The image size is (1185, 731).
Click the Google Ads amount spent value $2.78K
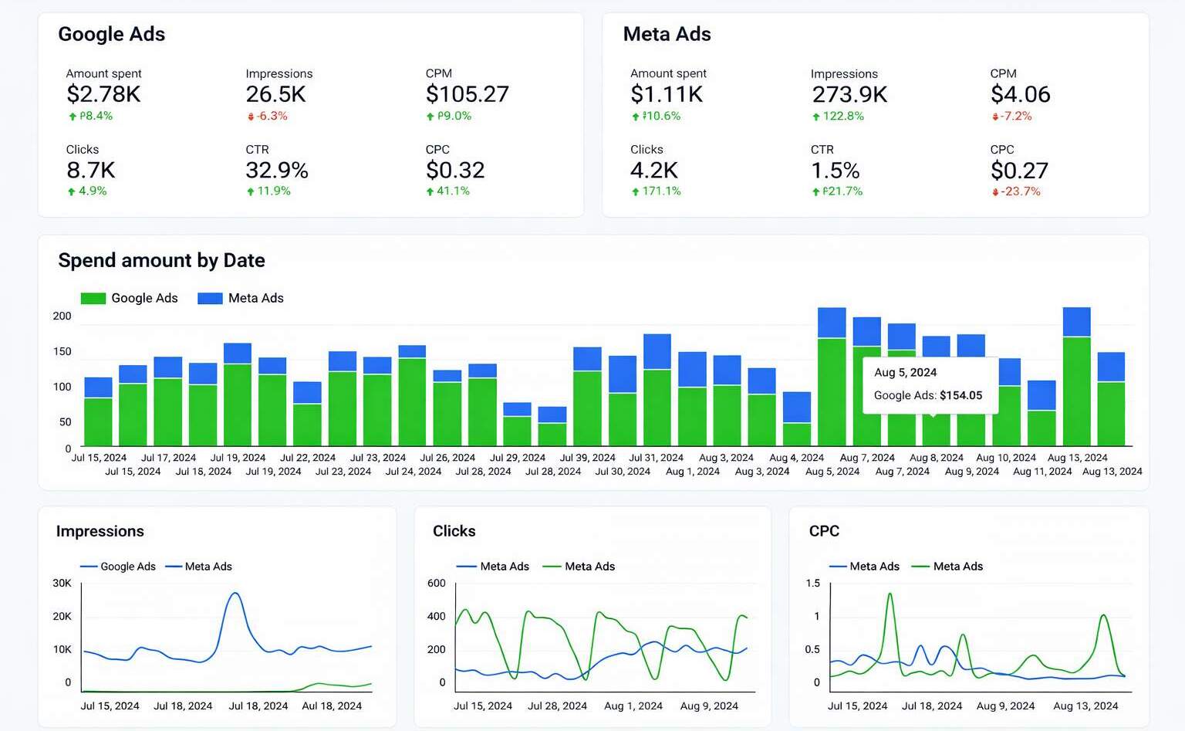[x=103, y=94]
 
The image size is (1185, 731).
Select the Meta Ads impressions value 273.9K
[x=849, y=94]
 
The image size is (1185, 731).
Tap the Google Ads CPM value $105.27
[x=467, y=94]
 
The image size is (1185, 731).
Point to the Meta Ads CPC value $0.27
[x=1019, y=170]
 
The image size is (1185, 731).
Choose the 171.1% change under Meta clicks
[x=661, y=191]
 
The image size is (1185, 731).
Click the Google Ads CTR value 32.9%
[x=277, y=170]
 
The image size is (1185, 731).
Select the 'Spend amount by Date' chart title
[x=161, y=260]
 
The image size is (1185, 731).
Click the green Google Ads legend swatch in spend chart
[x=93, y=298]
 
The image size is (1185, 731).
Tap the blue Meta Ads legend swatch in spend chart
[x=210, y=298]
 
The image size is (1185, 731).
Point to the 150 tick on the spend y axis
[x=62, y=351]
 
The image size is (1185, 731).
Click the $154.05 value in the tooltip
[x=960, y=395]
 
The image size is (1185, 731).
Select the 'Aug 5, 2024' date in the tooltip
[x=905, y=372]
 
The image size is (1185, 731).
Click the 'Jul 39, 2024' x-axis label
[x=587, y=458]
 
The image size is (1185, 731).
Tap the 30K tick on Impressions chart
[x=62, y=583]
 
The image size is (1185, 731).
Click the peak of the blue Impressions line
[x=235, y=593]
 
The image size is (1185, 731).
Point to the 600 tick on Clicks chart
[x=437, y=583]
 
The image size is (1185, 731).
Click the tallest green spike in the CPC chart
[x=890, y=594]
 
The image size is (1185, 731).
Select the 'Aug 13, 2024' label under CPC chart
[x=1085, y=706]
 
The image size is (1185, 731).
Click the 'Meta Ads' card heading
[x=667, y=34]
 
